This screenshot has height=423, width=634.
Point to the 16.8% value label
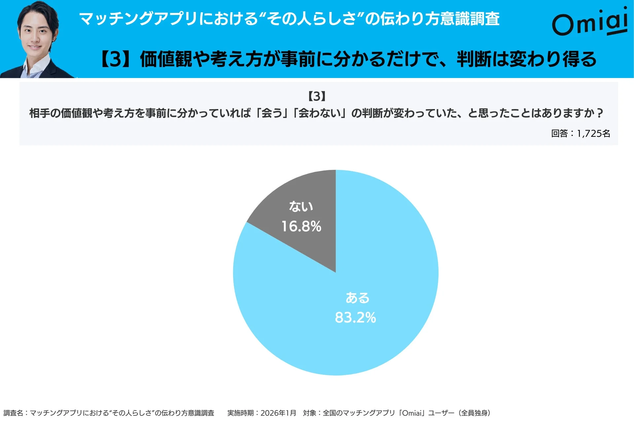301,227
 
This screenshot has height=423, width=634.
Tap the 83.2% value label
355,318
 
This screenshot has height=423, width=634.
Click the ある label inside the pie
357,298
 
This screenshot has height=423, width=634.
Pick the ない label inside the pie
301,207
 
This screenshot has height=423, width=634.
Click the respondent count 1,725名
593,134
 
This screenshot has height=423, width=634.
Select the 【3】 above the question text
317,96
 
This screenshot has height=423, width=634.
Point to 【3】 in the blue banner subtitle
116,59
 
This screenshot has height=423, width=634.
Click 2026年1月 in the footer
278,413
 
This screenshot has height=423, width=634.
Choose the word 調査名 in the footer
13,413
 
